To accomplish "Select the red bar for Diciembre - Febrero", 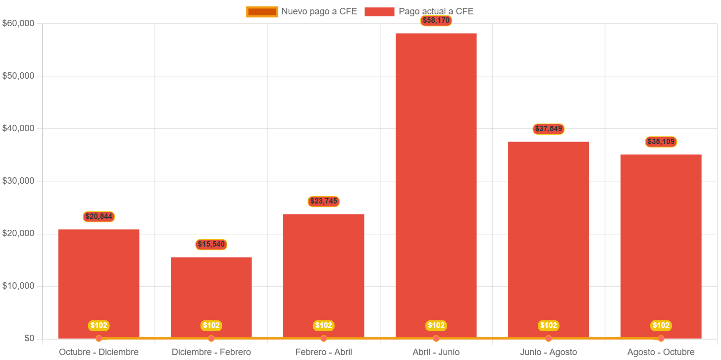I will pos(211,297).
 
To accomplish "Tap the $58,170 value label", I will pos(436,21).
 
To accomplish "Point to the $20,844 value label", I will pos(99,216).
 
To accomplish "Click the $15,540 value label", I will pos(211,244).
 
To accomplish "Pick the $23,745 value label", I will pos(323,201).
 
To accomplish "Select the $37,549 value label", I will pos(549,129).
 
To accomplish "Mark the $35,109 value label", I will pos(661,142).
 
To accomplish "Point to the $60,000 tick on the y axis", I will pos(18,23).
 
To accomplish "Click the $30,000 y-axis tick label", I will pos(18,181).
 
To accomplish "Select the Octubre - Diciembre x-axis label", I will pos(99,352).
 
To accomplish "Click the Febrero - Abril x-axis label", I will pos(323,352).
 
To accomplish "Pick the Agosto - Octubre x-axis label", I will pos(661,352).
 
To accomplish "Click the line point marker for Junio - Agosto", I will pos(549,338).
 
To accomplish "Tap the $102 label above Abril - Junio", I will pos(436,325).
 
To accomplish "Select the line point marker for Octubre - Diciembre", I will pos(99,338).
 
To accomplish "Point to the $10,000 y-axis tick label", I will pos(18,286).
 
